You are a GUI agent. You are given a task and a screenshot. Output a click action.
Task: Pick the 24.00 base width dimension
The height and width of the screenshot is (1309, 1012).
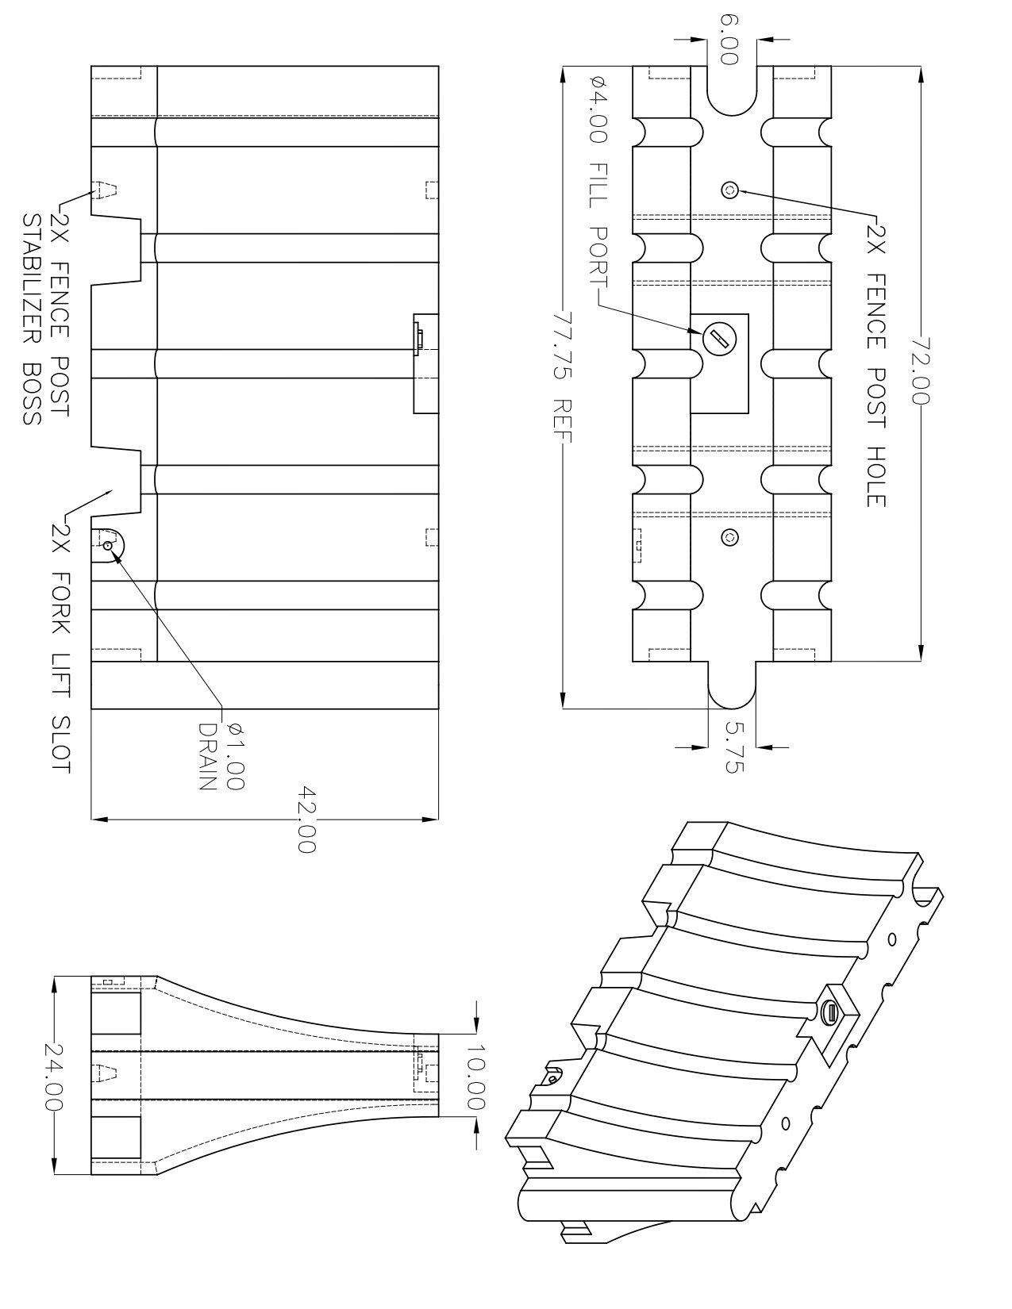pyautogui.click(x=53, y=1075)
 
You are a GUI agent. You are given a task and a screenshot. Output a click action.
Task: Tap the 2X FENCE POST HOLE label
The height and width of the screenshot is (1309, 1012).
pyautogui.click(x=875, y=366)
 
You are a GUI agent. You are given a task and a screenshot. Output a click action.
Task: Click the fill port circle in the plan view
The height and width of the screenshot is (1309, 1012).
pyautogui.click(x=718, y=340)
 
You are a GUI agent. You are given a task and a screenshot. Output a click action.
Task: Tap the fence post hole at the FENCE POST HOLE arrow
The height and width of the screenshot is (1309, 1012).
pyautogui.click(x=730, y=190)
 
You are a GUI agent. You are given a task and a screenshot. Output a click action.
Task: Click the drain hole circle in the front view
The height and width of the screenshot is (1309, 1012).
pyautogui.click(x=108, y=545)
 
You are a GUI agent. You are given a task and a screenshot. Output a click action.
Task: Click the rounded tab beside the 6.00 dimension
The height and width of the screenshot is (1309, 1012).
pyautogui.click(x=731, y=90)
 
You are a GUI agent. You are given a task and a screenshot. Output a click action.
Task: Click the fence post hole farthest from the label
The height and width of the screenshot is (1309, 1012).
pyautogui.click(x=730, y=537)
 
